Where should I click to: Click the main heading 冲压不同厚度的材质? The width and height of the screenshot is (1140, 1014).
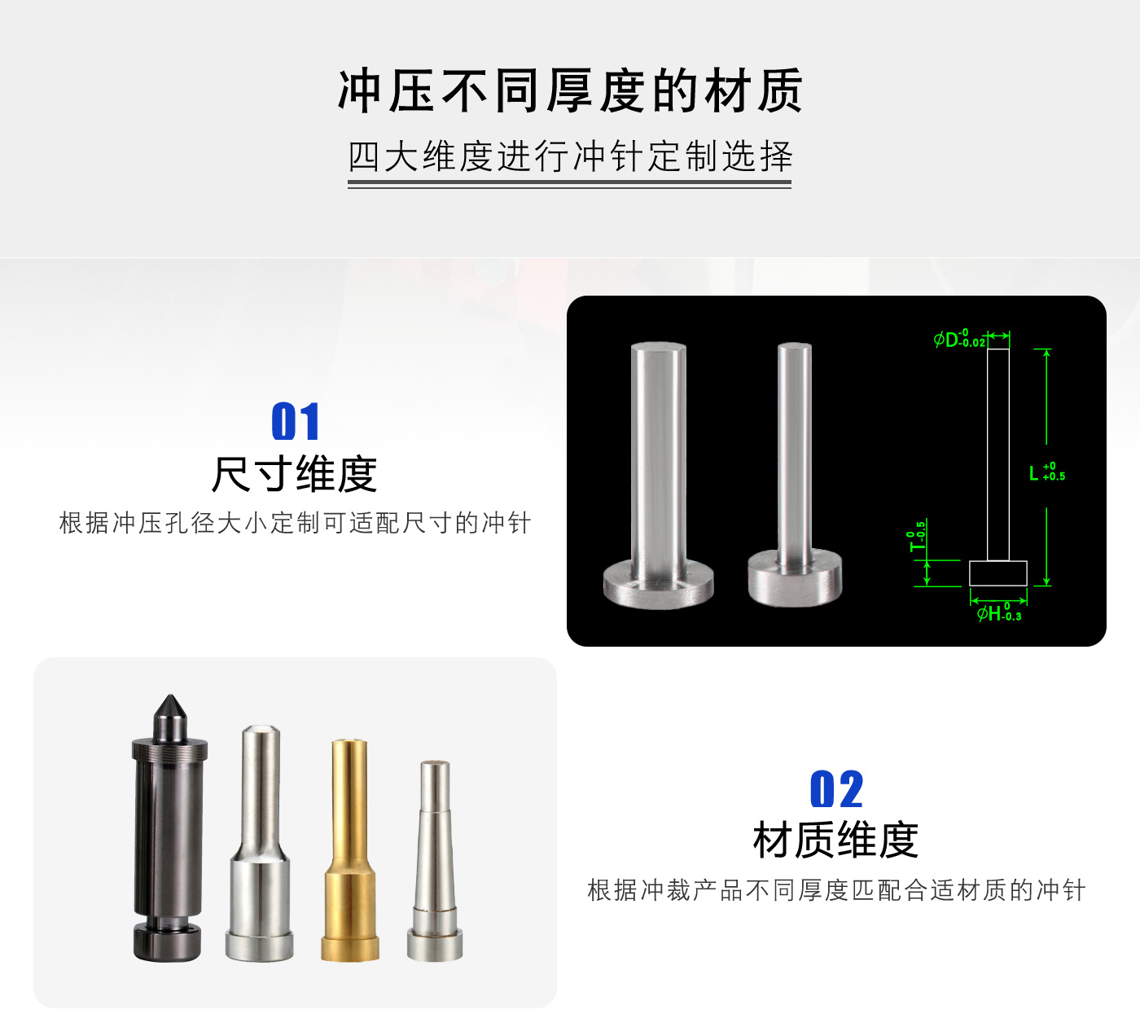pos(569,90)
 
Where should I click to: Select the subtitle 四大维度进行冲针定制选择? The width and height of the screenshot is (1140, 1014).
pos(570,156)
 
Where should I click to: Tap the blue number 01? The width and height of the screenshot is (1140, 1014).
pos(296,421)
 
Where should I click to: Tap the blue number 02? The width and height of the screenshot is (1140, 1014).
pos(836,789)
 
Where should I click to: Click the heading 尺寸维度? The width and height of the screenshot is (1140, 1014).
pos(294,474)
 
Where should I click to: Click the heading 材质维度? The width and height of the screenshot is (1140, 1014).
pos(835,841)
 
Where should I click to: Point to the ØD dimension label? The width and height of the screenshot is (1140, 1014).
pos(959,340)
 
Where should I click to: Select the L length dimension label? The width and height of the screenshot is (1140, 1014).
pos(1047,472)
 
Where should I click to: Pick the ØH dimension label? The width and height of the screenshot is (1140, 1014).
pos(999,612)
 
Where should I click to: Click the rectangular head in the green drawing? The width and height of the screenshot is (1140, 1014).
pos(997,573)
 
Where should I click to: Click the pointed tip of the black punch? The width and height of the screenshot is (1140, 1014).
pos(169,696)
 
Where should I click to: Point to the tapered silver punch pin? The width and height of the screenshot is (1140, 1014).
pos(435,860)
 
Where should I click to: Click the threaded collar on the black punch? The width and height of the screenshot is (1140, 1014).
pos(169,748)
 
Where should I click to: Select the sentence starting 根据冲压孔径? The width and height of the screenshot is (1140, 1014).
pos(295,523)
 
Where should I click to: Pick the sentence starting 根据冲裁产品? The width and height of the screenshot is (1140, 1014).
pos(836,890)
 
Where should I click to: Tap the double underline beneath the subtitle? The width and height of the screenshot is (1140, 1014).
pos(569,184)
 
